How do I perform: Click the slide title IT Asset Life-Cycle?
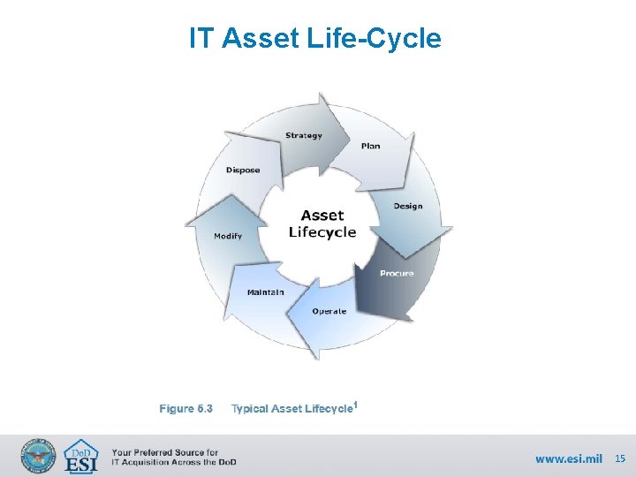pos(314,38)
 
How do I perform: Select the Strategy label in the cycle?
pos(303,135)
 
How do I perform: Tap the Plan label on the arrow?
pos(370,146)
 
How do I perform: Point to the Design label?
pos(407,206)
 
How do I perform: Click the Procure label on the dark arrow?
pos(397,273)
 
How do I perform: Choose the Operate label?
pos(329,311)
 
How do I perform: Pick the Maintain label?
pos(265,291)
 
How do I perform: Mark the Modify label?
pos(227,236)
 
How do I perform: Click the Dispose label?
pos(243,170)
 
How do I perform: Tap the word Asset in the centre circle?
pos(322,215)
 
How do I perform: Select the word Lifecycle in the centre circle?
pos(322,232)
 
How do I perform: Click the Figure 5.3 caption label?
pos(185,408)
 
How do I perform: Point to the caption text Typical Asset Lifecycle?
pos(291,408)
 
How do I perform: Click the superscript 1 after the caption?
pos(355,405)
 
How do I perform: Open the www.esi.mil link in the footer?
pos(568,458)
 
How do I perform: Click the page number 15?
pos(619,458)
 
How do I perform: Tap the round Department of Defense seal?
pos(38,457)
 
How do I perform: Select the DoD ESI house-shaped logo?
pos(82,456)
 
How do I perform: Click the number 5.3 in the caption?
pos(205,408)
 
